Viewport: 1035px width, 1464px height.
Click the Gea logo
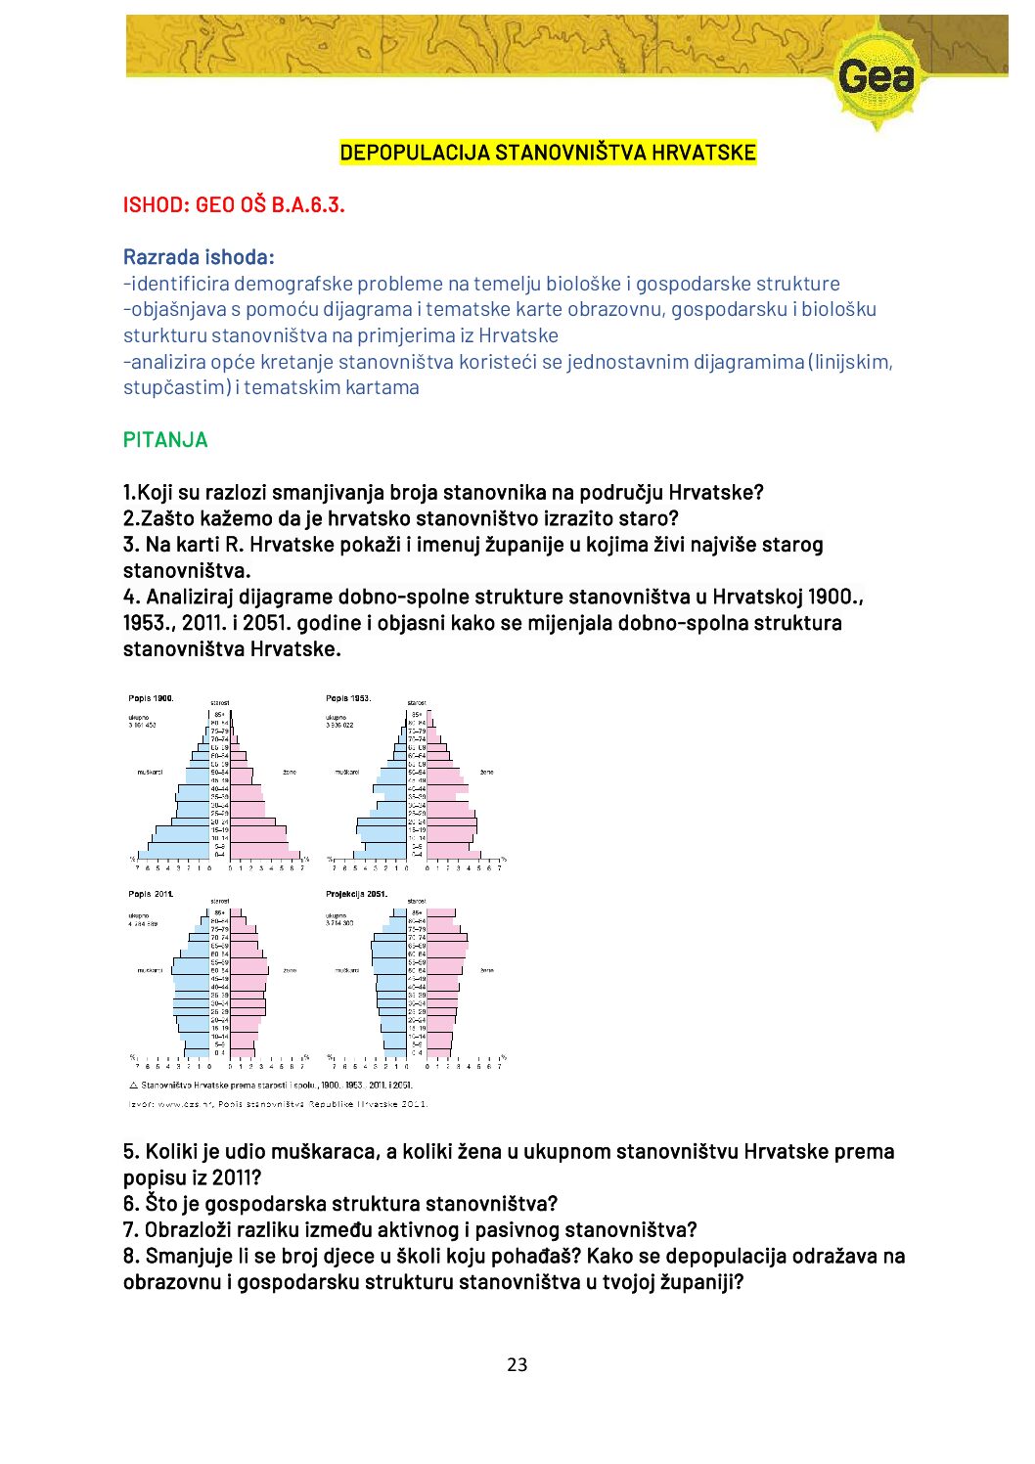coord(877,76)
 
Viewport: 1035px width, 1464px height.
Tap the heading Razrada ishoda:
coord(199,257)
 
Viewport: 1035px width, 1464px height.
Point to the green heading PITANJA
coord(165,440)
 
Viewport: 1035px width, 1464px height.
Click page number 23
coord(517,1364)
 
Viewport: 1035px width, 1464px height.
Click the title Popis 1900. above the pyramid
coord(151,698)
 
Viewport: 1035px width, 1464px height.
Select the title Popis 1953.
coord(347,698)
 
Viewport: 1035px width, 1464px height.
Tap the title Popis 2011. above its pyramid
coord(151,894)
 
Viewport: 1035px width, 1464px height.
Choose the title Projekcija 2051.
coord(356,894)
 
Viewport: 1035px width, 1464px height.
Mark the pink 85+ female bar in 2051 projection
coord(441,913)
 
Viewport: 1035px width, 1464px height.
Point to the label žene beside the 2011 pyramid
coord(290,970)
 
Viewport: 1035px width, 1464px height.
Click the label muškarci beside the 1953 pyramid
coord(347,773)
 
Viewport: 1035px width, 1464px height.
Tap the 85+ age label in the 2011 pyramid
coord(220,912)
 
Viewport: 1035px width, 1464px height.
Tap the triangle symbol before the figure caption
coord(133,1086)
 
